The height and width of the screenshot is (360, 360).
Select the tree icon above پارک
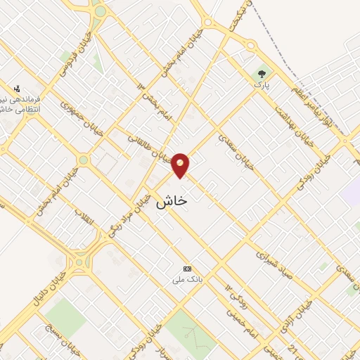point(262,73)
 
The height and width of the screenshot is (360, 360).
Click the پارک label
point(262,85)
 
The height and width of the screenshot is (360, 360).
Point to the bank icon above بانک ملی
point(187,269)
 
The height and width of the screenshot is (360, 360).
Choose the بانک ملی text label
point(187,280)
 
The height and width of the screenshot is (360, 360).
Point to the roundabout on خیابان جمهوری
point(84,160)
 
